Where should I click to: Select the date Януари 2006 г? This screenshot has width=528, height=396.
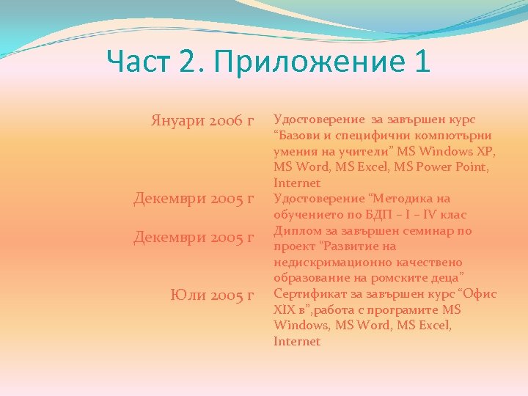pos(202,120)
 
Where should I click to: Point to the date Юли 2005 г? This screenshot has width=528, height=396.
pos(212,295)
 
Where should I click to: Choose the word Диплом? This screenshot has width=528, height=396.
pos(296,230)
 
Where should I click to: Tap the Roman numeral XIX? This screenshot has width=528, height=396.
pos(285,310)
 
